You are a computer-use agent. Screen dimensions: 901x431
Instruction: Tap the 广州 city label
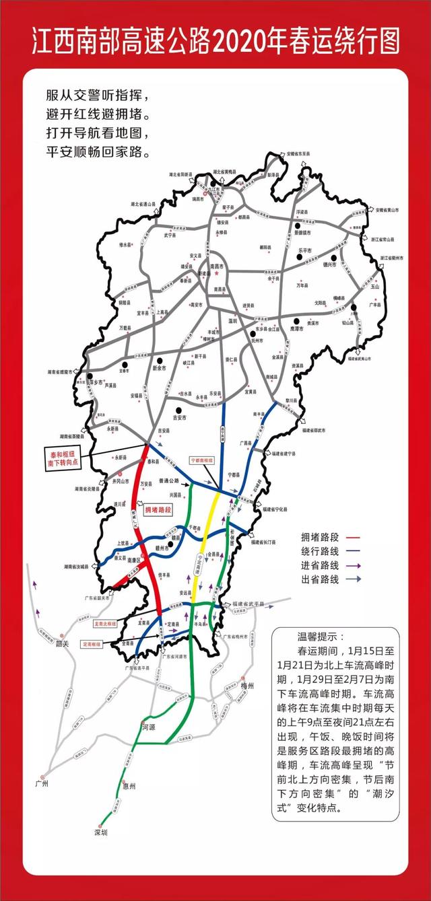click(42, 785)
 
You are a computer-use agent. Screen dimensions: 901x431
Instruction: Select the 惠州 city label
click(129, 786)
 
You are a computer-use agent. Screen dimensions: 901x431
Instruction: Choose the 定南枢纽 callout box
click(95, 644)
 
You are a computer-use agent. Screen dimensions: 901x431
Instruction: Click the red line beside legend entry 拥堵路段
click(355, 537)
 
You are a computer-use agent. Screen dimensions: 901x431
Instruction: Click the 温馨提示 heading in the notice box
click(320, 636)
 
